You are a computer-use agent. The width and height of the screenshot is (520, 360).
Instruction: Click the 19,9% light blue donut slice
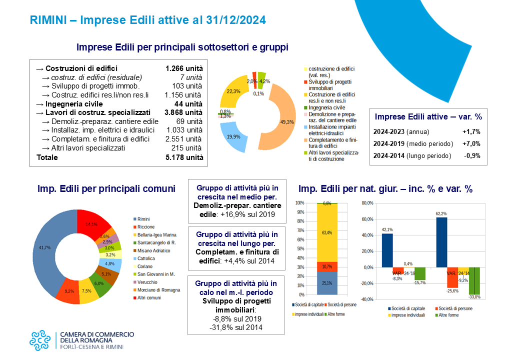point(235,140)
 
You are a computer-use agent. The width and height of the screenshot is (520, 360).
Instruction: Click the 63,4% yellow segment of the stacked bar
point(327,232)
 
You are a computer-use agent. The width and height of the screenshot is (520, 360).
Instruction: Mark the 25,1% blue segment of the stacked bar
point(327,283)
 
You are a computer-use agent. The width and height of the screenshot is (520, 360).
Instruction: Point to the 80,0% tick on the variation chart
point(366,203)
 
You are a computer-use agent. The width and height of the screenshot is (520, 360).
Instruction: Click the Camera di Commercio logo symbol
point(39,340)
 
